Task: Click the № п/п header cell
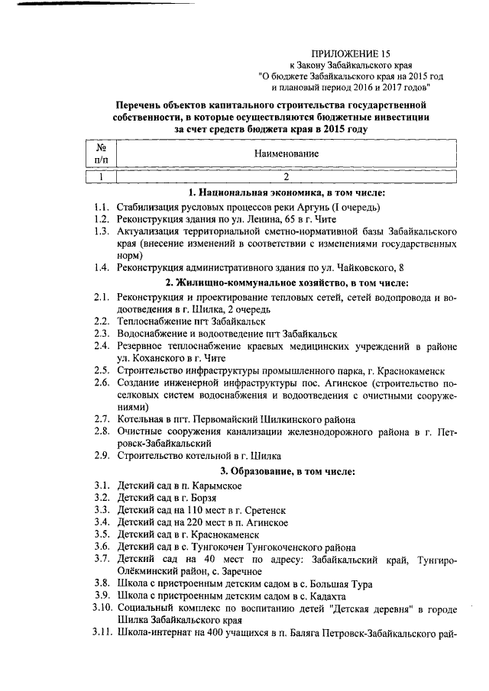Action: tap(100, 153)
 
